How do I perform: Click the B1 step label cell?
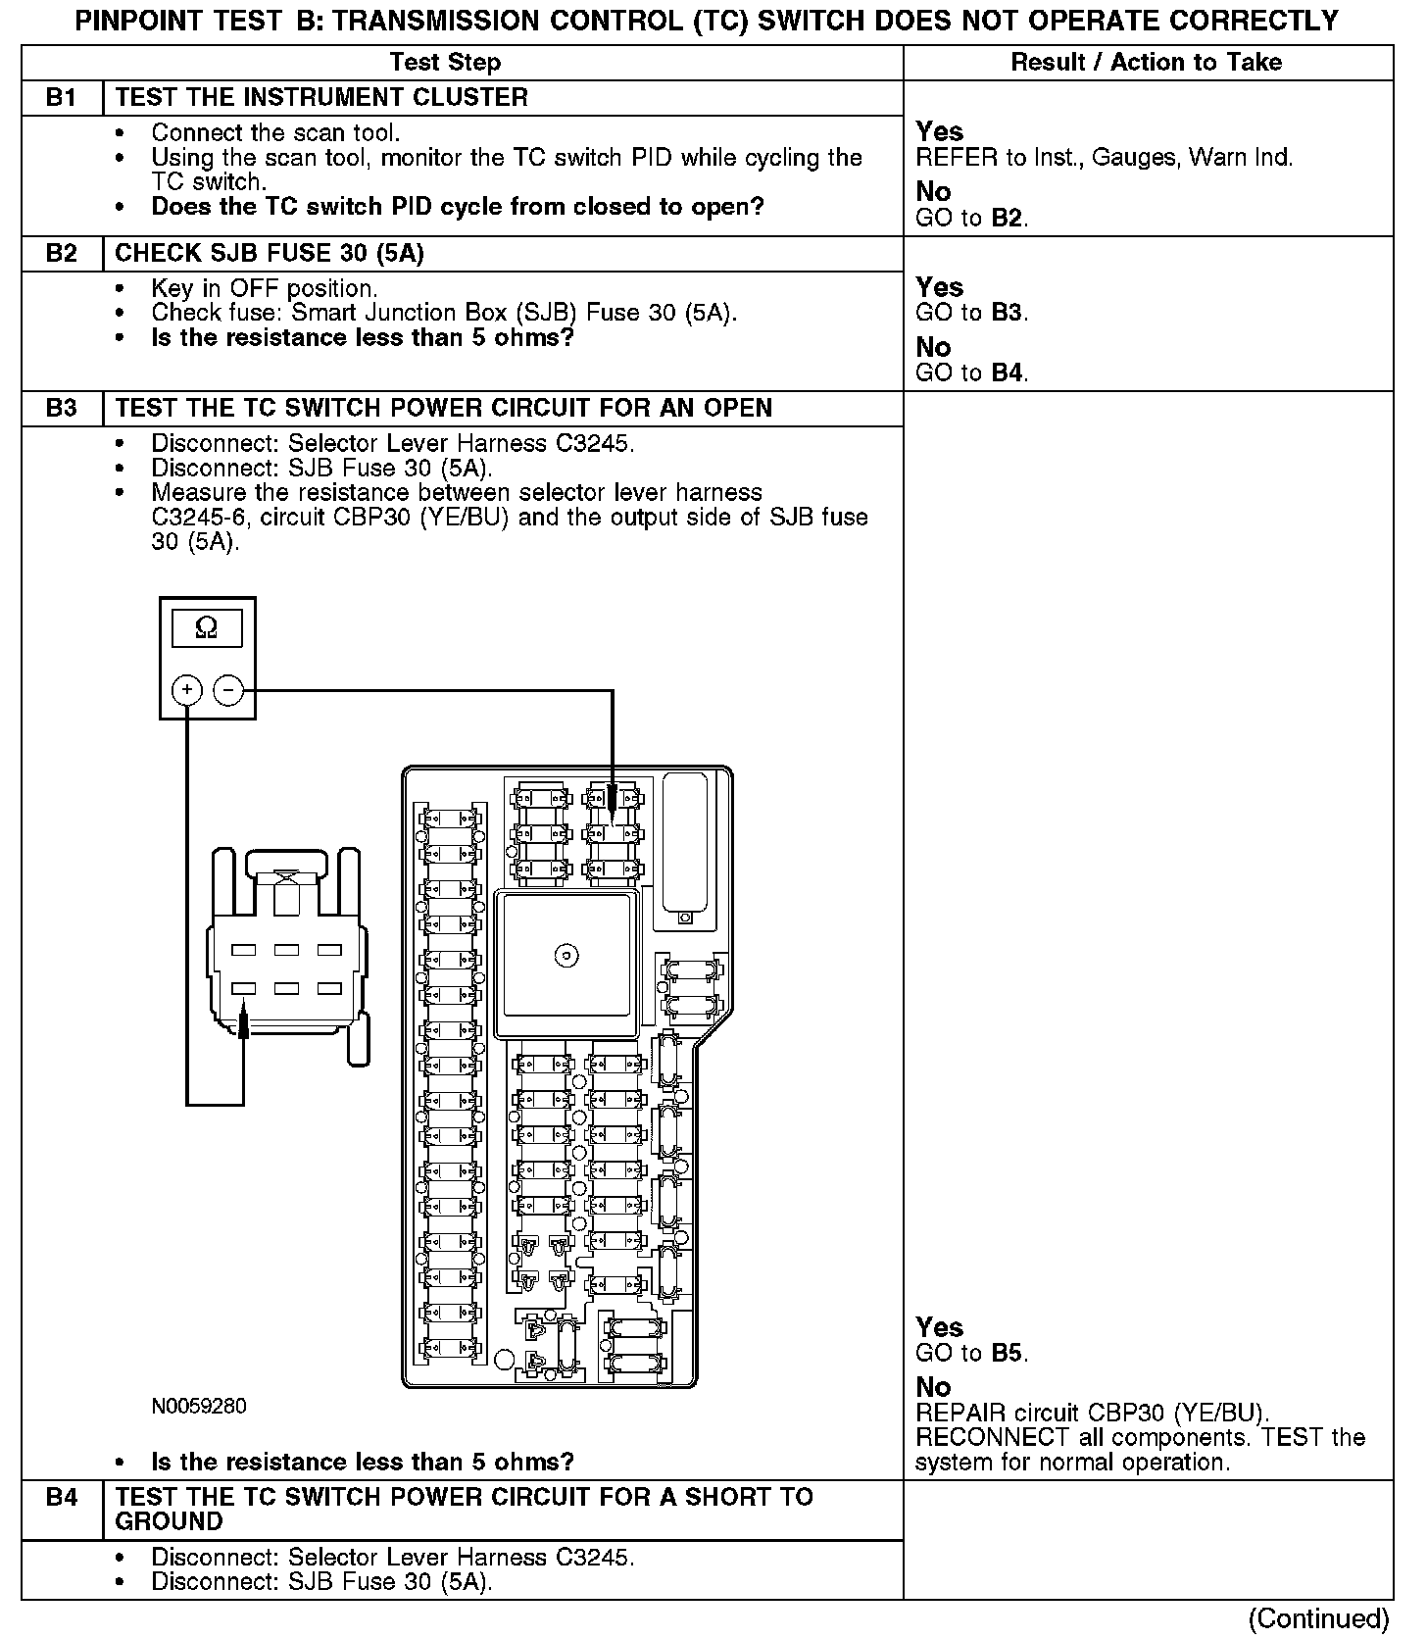(x=62, y=98)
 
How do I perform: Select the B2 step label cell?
(x=62, y=254)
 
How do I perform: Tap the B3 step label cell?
(x=62, y=409)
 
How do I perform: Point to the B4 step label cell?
(x=62, y=1498)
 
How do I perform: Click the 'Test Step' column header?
(x=445, y=63)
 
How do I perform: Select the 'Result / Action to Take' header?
(x=1146, y=63)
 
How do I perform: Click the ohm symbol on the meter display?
(x=207, y=627)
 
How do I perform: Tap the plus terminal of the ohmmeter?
(x=186, y=691)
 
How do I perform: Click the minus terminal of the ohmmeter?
(x=228, y=691)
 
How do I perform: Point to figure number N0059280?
(x=199, y=1407)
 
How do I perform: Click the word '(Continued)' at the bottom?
(x=1319, y=1618)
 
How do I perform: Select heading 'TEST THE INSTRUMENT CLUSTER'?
(x=321, y=98)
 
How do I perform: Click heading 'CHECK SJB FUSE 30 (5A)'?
(x=270, y=254)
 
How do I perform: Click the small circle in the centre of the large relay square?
(x=566, y=955)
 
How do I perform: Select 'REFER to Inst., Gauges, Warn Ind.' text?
(x=1104, y=157)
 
